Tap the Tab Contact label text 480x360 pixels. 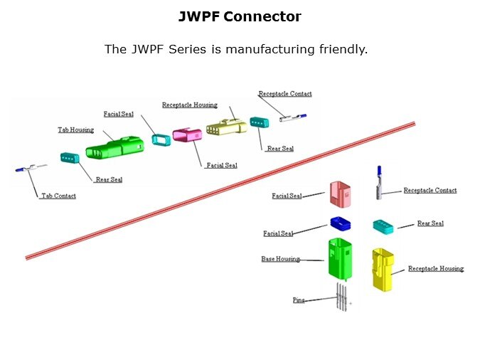(x=58, y=196)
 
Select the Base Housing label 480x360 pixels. (x=280, y=259)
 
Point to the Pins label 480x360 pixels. (x=299, y=300)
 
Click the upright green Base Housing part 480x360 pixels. (x=340, y=258)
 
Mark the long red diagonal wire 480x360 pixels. (x=220, y=190)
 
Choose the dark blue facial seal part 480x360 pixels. (x=341, y=223)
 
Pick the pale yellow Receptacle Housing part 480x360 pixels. (x=225, y=127)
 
